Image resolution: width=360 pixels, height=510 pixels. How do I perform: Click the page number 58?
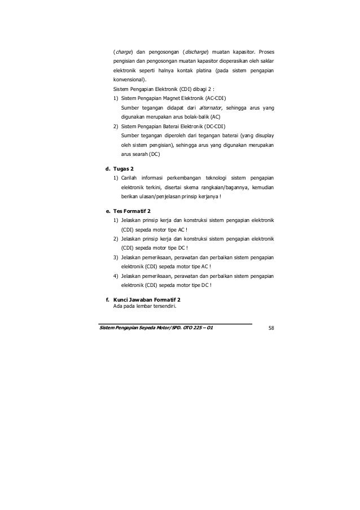(271, 328)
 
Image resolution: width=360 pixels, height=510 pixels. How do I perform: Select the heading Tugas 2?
(124, 169)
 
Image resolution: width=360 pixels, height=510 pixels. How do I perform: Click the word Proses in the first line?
(265, 43)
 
